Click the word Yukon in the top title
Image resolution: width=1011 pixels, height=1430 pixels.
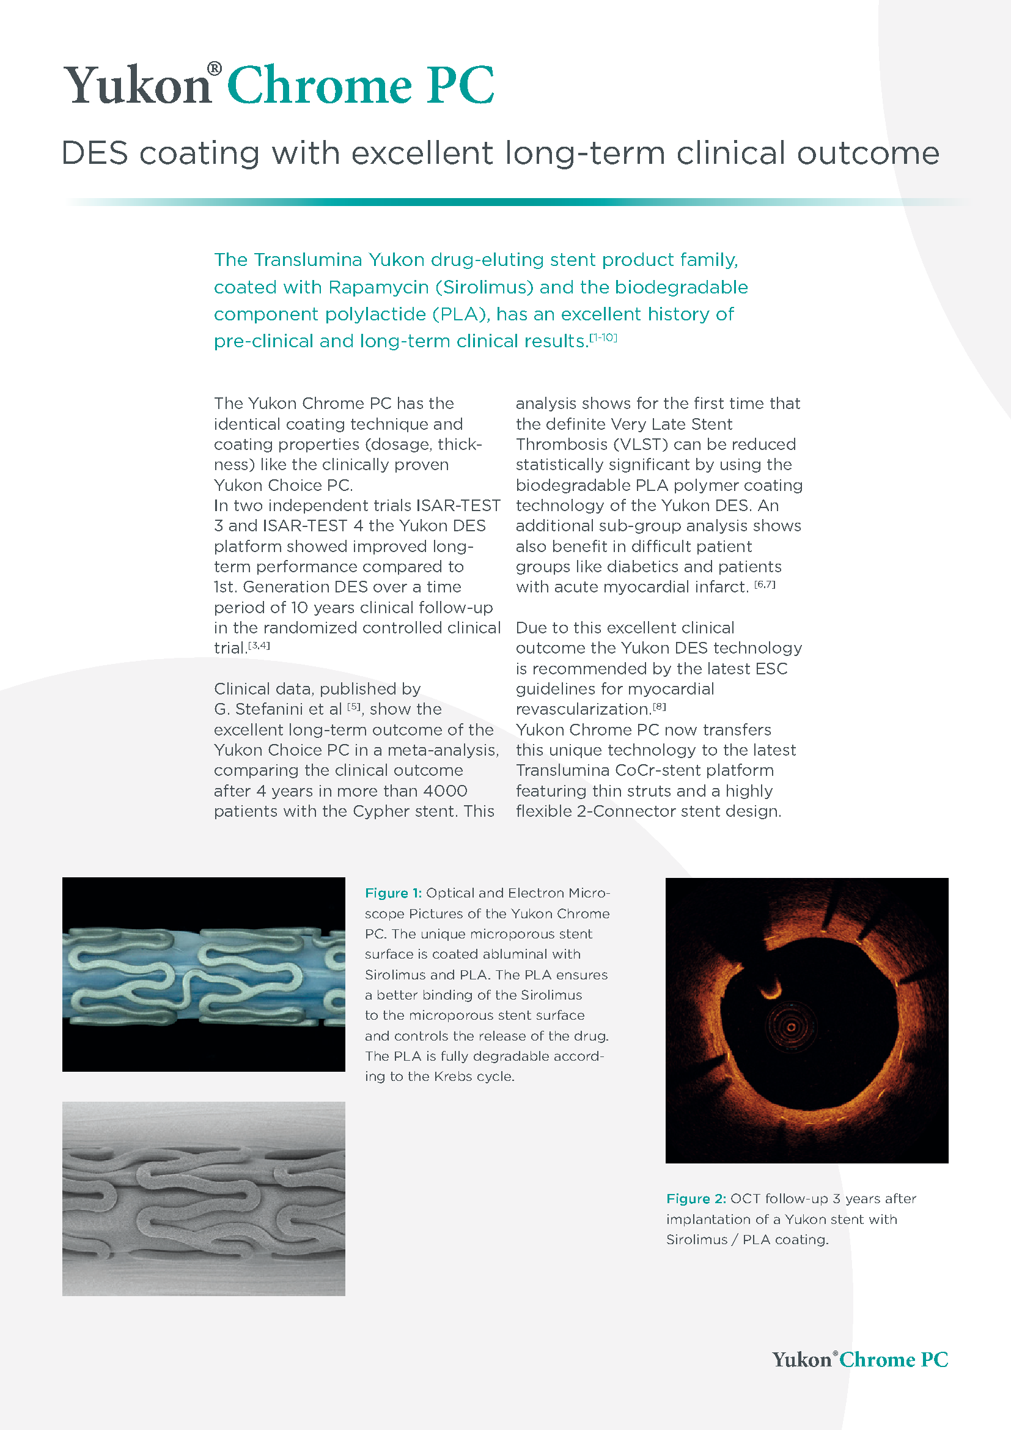(x=138, y=86)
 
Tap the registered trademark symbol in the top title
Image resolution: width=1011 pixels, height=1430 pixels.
(x=214, y=68)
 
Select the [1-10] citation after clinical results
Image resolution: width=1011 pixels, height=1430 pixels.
(x=603, y=337)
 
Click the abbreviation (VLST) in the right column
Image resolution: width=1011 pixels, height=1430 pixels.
(x=614, y=444)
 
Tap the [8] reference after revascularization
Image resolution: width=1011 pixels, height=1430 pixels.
(x=660, y=707)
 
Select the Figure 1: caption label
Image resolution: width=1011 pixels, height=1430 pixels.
(x=393, y=893)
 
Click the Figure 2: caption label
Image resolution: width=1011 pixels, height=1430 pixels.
(x=696, y=1199)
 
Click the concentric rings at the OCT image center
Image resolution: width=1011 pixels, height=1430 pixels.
(x=790, y=1027)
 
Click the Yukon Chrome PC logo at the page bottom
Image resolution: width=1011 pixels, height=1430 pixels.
(x=860, y=1360)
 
